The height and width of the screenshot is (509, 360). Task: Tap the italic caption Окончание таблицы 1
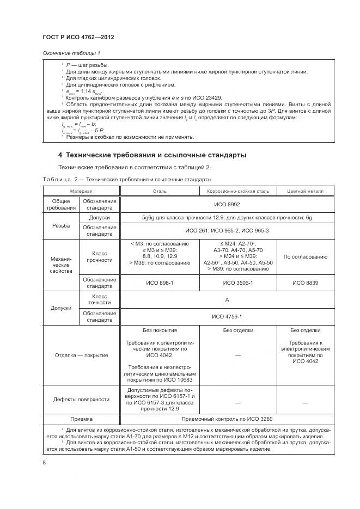click(x=71, y=53)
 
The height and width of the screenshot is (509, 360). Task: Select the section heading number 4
click(x=60, y=155)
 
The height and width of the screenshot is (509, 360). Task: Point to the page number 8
click(x=44, y=463)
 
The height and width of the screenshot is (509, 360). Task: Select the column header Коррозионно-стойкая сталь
click(x=239, y=191)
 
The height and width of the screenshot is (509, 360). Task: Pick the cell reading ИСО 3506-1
click(x=239, y=283)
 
